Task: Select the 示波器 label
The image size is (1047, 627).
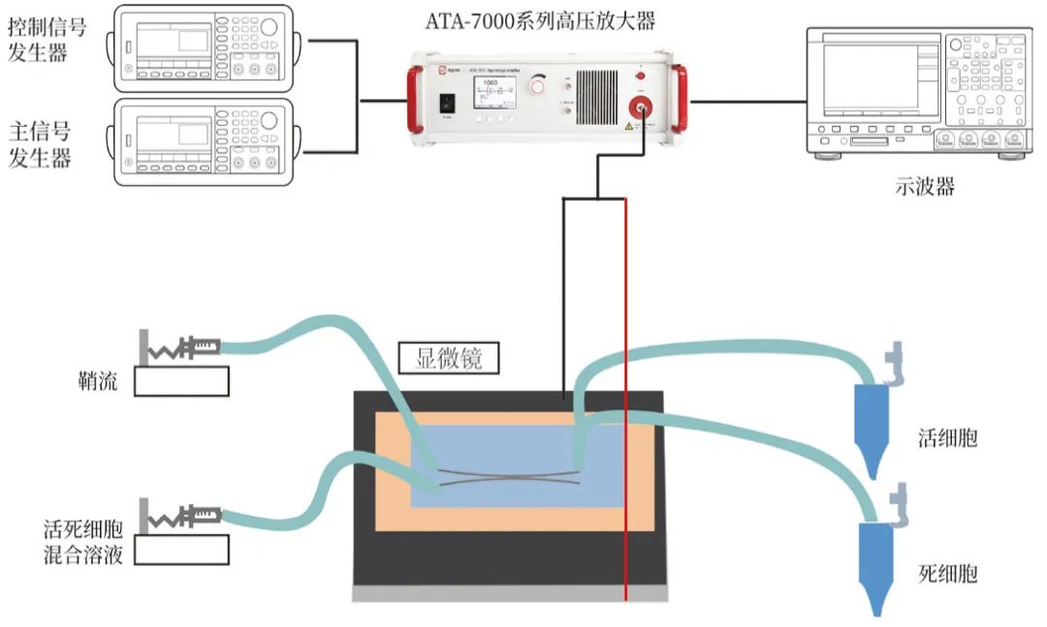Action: tap(925, 186)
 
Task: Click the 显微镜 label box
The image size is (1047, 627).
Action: tap(449, 360)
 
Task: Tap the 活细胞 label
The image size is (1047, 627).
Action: tap(947, 438)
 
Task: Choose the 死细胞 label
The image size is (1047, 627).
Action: tap(947, 574)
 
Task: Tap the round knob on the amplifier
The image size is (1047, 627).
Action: tap(537, 89)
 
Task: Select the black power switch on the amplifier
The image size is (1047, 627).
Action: tap(448, 101)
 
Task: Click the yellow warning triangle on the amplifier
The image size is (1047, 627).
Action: tap(628, 126)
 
